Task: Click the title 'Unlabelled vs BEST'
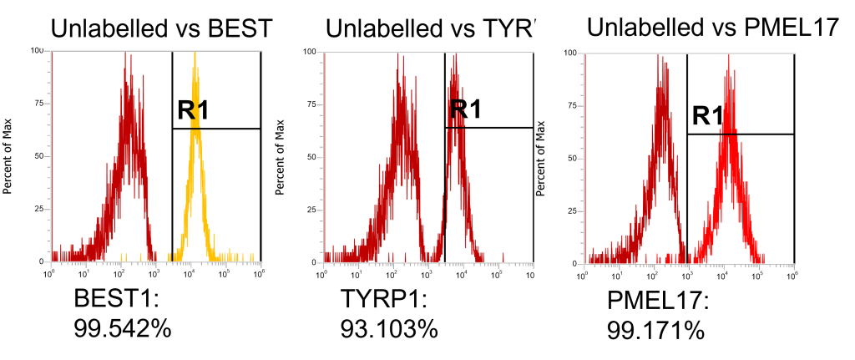[162, 28]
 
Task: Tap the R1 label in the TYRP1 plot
[465, 109]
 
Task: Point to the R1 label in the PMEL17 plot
[707, 116]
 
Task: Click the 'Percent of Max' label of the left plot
[8, 156]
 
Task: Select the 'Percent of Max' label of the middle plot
[279, 156]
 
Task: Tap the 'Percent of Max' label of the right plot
[549, 157]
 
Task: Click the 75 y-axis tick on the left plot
[38, 104]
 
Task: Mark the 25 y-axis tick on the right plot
[572, 210]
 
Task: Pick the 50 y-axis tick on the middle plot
[309, 156]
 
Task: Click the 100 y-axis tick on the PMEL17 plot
[570, 53]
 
